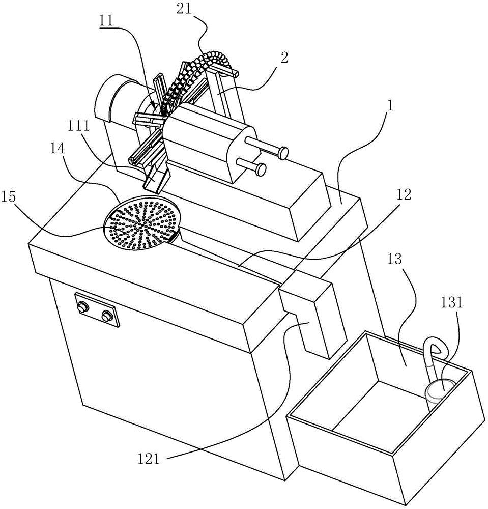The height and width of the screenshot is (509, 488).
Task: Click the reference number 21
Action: point(184,9)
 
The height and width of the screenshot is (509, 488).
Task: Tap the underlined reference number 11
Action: point(107,21)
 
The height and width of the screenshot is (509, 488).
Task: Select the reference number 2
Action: point(284,58)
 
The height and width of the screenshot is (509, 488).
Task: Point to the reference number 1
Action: point(391,106)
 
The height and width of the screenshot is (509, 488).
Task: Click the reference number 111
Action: point(78,126)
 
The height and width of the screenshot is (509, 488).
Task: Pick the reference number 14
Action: point(57,148)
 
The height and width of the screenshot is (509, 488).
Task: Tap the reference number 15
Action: point(9,197)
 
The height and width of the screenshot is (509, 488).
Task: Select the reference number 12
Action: point(404,194)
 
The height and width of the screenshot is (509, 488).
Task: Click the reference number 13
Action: point(394,259)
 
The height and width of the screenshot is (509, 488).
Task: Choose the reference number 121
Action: point(149,459)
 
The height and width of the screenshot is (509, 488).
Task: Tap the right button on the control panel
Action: point(106,316)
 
